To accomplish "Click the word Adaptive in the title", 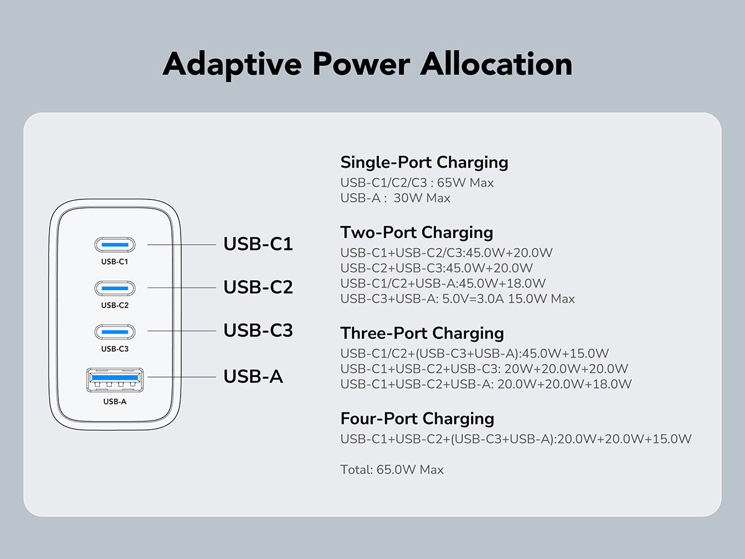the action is point(232,65).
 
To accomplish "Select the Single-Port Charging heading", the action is point(424,163).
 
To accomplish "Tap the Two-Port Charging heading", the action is point(417,233).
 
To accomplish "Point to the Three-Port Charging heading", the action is point(422,334).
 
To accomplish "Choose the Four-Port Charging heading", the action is point(417,419).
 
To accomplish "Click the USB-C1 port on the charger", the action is point(115,245).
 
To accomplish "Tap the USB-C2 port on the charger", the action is point(115,288).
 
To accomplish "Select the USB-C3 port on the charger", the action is point(115,332).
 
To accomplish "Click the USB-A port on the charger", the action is point(115,379).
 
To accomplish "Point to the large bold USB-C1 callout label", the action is point(258,244).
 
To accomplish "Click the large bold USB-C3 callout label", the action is point(258,330).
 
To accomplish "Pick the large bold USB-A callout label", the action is point(253,376).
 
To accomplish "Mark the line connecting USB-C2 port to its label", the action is point(182,288).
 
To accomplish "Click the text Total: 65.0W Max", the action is point(392,470).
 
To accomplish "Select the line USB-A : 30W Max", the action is point(395,198).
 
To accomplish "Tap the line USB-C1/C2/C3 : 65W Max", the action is point(417,183).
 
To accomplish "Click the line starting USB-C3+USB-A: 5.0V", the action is point(458,299).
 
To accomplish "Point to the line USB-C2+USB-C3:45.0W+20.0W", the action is point(436,268).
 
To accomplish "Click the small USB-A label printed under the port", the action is point(115,401).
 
